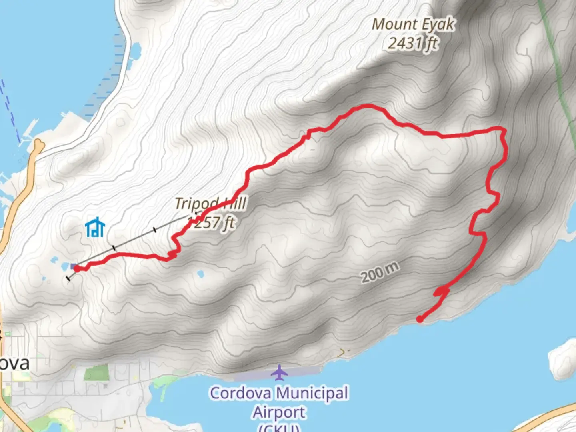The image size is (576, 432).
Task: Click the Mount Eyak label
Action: pos(413,25)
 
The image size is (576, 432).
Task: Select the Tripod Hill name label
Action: pos(211,204)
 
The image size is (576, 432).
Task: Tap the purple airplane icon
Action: pos(279,373)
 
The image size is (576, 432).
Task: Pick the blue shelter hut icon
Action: pos(95,228)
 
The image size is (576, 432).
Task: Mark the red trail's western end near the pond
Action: pos(76,268)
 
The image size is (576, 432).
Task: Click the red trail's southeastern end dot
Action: pos(420,319)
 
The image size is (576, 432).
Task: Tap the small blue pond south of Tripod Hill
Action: pos(200,274)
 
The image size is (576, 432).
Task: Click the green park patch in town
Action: pos(96,374)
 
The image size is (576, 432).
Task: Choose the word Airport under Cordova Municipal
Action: pos(279,412)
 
